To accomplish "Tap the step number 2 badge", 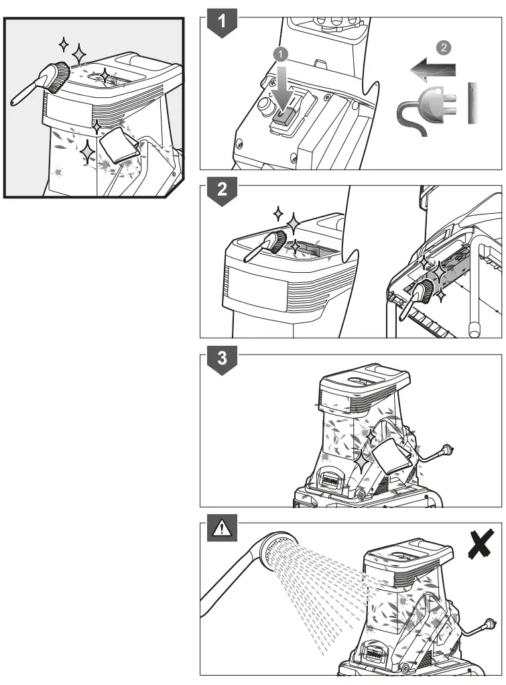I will [x=223, y=191].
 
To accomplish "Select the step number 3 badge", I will [x=223, y=360].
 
